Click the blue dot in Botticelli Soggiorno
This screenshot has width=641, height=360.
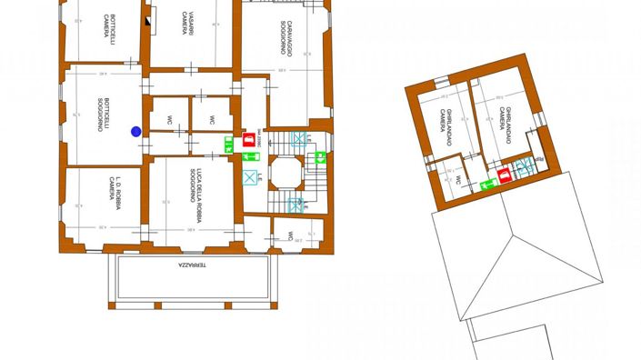136,132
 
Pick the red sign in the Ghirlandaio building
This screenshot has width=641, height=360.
505,175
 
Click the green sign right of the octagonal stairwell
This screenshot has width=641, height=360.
320,157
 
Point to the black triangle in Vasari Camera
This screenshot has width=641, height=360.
151,15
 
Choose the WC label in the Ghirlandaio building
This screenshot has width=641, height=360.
457,180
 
